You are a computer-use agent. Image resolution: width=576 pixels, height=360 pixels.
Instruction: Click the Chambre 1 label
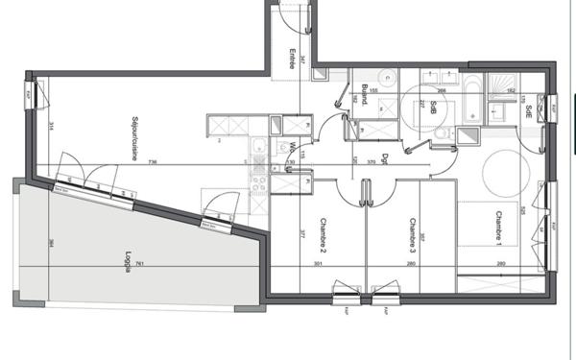coord(500,227)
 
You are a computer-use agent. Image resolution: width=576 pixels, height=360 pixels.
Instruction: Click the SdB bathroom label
coord(435,107)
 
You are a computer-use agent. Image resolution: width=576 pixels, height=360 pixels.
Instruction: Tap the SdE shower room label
coord(529,108)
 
